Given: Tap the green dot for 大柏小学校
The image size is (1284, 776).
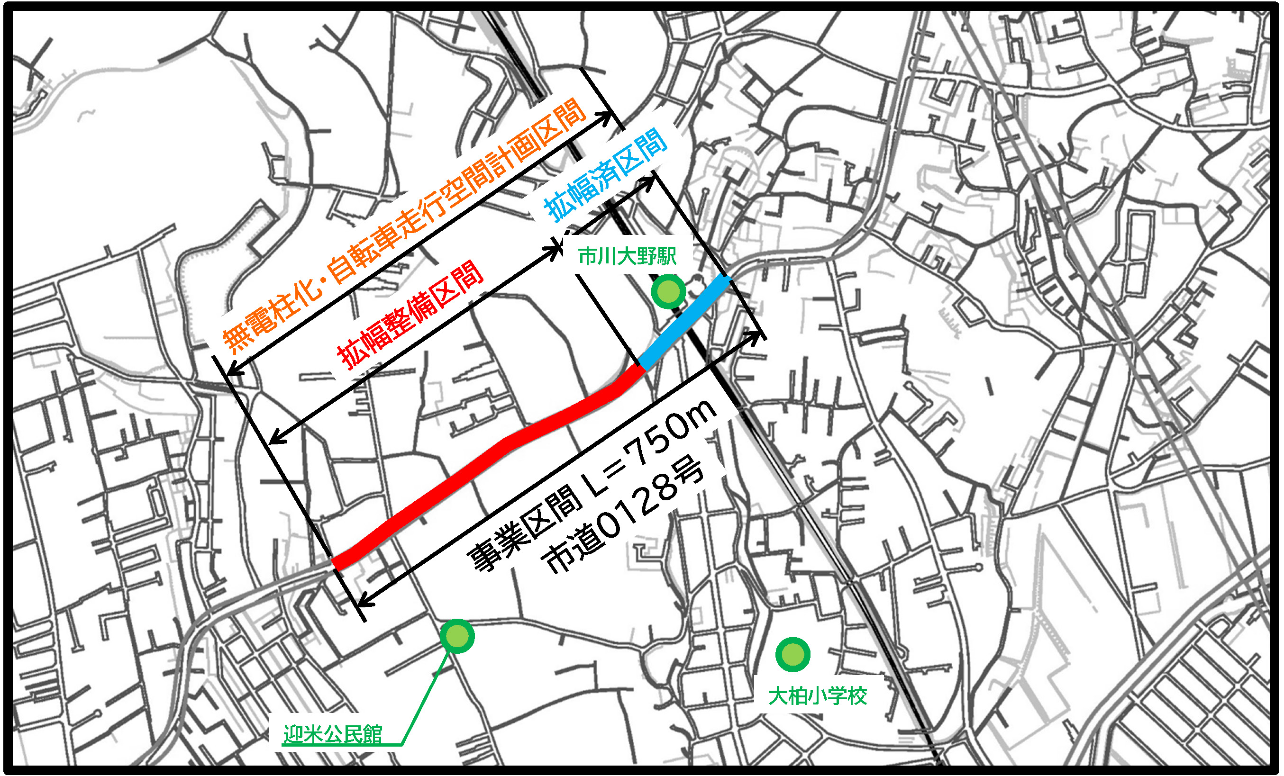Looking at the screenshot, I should click(792, 654).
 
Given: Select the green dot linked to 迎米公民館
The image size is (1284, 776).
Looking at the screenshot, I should click(457, 636).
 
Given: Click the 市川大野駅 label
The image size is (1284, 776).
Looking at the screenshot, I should click(628, 256).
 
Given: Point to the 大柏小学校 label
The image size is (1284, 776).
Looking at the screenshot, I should click(817, 696).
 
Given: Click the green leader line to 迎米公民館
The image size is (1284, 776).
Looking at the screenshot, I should click(425, 693).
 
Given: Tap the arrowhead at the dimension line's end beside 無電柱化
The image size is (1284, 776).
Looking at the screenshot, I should click(232, 371).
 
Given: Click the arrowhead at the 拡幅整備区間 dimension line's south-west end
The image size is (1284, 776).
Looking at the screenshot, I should click(274, 441).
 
